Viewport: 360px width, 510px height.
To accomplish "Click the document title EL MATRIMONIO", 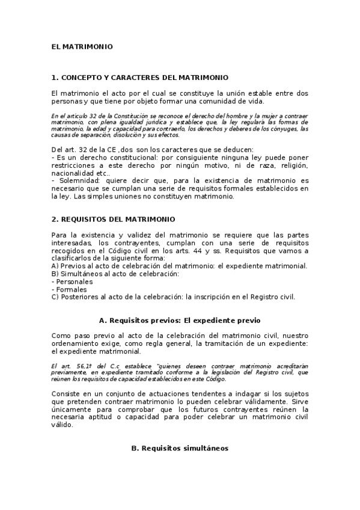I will [82, 46].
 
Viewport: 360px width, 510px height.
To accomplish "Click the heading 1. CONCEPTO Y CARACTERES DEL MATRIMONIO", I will [140, 78].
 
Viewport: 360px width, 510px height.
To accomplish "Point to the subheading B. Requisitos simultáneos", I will [180, 448].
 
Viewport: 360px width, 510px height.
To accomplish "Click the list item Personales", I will [74, 281].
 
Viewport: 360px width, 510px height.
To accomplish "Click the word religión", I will [292, 165].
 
